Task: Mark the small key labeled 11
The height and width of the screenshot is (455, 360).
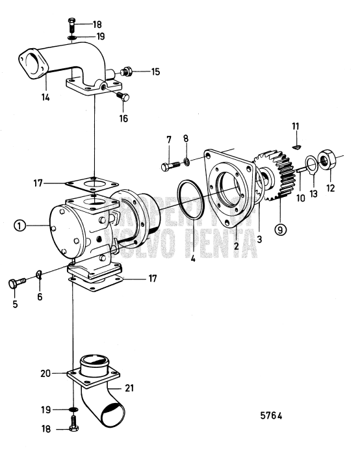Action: click(x=296, y=147)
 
